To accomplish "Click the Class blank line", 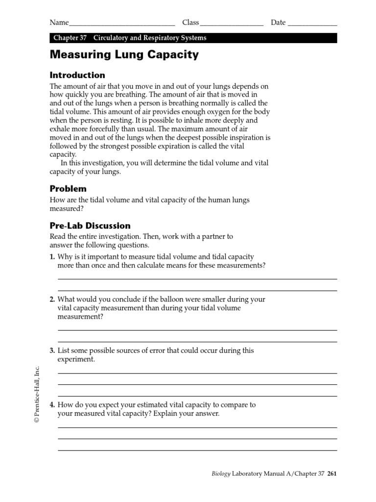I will pos(232,23).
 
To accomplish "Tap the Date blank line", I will pos(312,23).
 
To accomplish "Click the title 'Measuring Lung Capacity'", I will pos(124,55).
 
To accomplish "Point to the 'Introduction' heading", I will pos(77,75).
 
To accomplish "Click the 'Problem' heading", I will pos(68,189).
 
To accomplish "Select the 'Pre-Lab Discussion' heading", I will pos(90,226).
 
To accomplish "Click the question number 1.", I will pos(52,257).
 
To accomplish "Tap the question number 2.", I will pos(52,299).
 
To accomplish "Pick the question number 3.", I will pos(52,351).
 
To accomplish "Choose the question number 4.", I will pos(52,405).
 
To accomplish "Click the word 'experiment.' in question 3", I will pos(76,359).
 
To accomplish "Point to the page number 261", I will pos(332,474).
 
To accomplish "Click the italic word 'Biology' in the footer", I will pos(221,474).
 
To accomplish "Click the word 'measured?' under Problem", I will pos(68,208).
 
